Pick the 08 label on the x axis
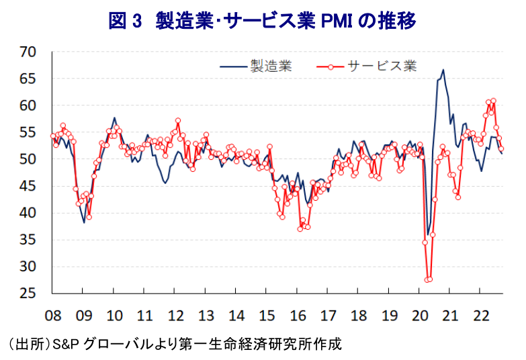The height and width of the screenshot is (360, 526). pyautogui.click(x=52, y=314)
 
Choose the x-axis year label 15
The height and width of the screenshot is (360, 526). pyautogui.click(x=267, y=314)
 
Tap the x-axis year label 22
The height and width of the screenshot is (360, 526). pyautogui.click(x=481, y=314)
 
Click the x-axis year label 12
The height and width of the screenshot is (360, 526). pyautogui.click(x=175, y=314)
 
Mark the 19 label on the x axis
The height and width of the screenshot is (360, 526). pyautogui.click(x=390, y=314)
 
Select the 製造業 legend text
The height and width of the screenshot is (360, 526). pyautogui.click(x=271, y=66)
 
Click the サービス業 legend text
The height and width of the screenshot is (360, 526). pyautogui.click(x=382, y=66)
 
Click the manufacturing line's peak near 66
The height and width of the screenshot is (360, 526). pyautogui.click(x=443, y=70)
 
